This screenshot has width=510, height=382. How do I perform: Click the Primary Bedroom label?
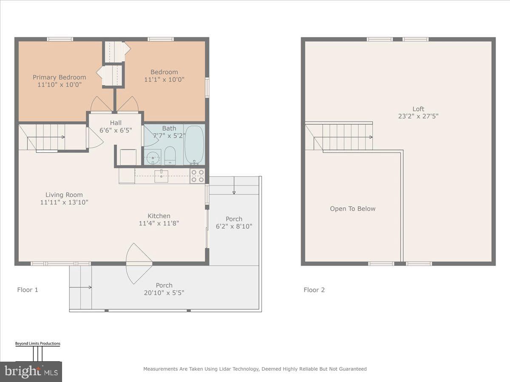tap(59, 77)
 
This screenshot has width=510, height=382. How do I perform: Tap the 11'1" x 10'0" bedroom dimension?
tap(164, 79)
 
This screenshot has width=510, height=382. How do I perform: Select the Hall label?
tap(116, 123)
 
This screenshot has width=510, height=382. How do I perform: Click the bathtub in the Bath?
tap(194, 145)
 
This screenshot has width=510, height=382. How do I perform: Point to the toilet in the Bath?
tap(170, 155)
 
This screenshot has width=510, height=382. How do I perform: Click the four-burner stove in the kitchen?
tap(198, 176)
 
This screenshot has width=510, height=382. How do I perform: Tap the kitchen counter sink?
tap(161, 176)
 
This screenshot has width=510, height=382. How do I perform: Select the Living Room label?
tap(64, 195)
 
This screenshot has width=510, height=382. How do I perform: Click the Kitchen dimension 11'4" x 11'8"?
tap(159, 223)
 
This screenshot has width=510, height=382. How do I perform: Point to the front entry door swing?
tap(139, 264)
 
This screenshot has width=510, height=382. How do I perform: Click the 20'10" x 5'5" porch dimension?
tap(164, 293)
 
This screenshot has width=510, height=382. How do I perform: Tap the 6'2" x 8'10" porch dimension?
tap(234, 226)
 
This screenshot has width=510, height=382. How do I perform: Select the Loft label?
tap(418, 109)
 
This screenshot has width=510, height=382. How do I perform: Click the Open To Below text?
tap(353, 209)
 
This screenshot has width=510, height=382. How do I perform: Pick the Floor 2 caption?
tap(314, 290)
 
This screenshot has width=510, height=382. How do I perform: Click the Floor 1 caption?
tap(28, 290)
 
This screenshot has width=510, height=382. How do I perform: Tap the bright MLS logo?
tap(31, 372)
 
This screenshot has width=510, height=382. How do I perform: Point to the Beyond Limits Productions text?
tap(38, 343)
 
